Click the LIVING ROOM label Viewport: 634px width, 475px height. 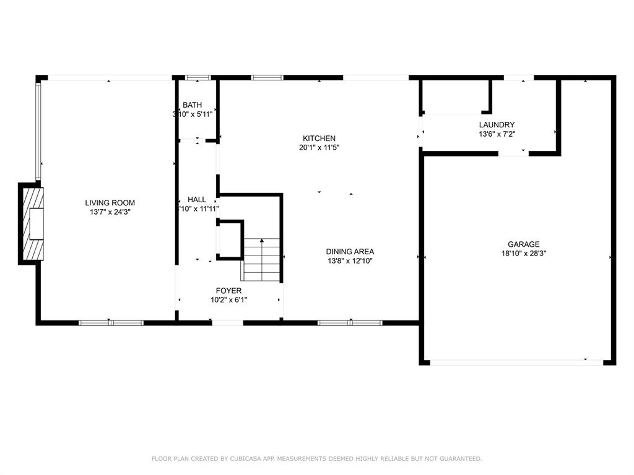tap(110, 203)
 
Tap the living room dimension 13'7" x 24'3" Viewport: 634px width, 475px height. tap(110, 212)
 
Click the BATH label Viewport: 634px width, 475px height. tap(192, 105)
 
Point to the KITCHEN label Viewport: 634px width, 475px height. tap(319, 139)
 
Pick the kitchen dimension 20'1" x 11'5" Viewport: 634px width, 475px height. tap(319, 147)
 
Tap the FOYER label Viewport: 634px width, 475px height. tap(228, 291)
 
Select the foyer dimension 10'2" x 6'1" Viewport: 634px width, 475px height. tap(228, 300)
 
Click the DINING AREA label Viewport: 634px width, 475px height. tap(350, 252)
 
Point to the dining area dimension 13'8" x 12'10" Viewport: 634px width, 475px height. tap(350, 260)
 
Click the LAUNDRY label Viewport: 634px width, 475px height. tap(497, 125)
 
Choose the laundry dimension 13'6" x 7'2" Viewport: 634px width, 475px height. tap(497, 134)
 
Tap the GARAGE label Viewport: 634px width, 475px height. tap(524, 244)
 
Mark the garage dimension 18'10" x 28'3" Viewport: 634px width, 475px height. tap(524, 253)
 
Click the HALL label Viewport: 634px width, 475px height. tap(197, 200)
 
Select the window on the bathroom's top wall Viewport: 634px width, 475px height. tap(198, 78)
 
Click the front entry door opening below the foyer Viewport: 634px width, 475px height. tap(227, 322)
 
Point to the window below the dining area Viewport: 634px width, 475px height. tap(350, 322)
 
